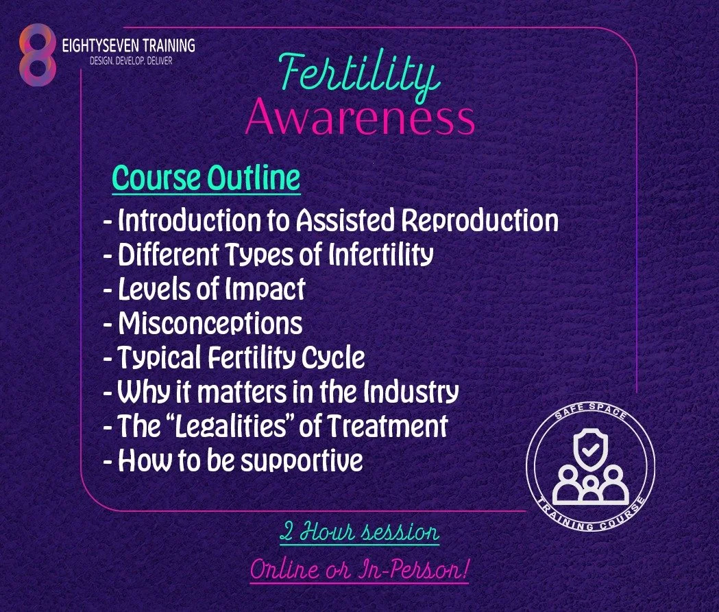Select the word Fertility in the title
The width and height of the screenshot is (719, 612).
click(359, 78)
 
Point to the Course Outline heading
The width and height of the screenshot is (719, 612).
click(206, 178)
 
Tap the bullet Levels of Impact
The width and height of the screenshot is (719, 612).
click(204, 289)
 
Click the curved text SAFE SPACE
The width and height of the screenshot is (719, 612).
click(590, 416)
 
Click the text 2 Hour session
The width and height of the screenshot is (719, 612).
click(359, 532)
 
